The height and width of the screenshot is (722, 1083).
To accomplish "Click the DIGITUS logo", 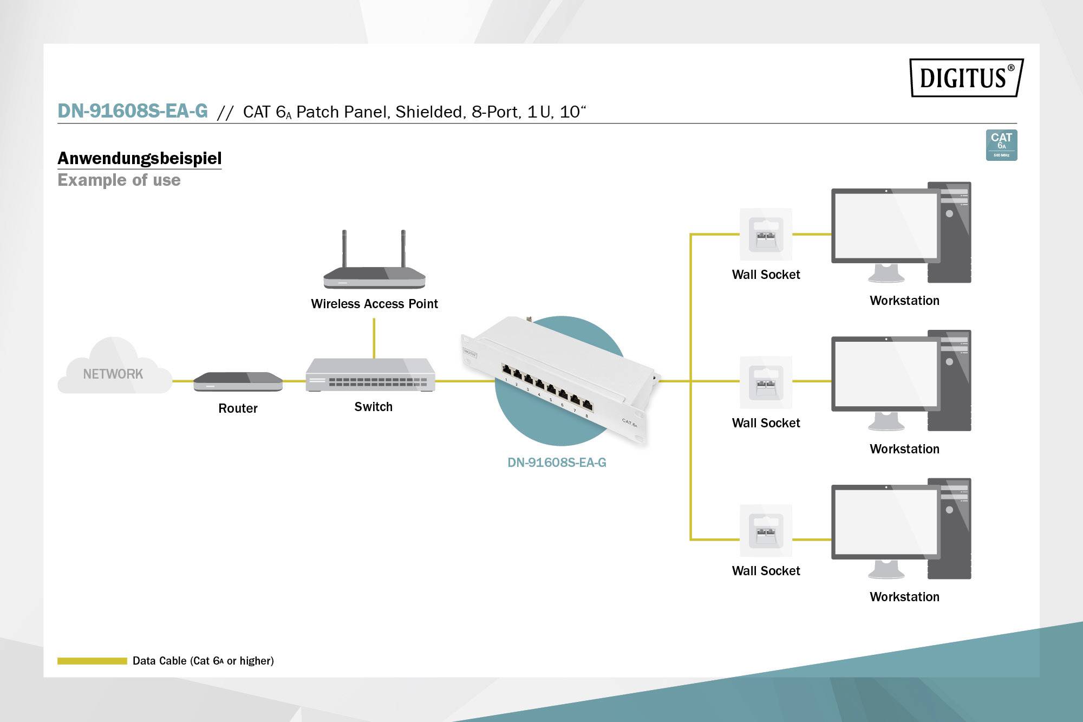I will click(966, 77).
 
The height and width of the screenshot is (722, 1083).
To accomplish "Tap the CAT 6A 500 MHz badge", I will click(1001, 145).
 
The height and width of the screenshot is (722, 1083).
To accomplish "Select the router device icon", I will click(238, 381).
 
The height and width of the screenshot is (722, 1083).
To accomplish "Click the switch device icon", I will click(370, 375).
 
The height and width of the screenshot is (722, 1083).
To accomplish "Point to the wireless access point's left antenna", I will click(344, 249).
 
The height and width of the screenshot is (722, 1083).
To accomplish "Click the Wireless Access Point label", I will click(374, 304).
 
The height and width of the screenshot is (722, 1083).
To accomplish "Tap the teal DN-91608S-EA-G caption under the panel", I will click(557, 463).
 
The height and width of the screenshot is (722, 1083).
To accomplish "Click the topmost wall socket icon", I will click(766, 235).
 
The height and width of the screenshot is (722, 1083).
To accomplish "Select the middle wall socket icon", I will click(766, 382).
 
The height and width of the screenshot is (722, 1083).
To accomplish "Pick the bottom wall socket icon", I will click(766, 531).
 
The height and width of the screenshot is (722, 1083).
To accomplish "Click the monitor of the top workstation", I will click(885, 226).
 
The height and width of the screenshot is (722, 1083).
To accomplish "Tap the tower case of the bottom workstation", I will click(949, 528).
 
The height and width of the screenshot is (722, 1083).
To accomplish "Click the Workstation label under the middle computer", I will click(904, 449).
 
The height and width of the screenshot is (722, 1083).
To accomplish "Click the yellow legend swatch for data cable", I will click(92, 661).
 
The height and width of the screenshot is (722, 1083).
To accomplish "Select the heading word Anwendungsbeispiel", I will click(140, 158).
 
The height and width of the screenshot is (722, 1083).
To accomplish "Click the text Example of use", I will click(119, 180).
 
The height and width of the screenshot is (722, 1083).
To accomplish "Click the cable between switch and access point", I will click(374, 338).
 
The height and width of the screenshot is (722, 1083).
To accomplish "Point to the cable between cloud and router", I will click(182, 381).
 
